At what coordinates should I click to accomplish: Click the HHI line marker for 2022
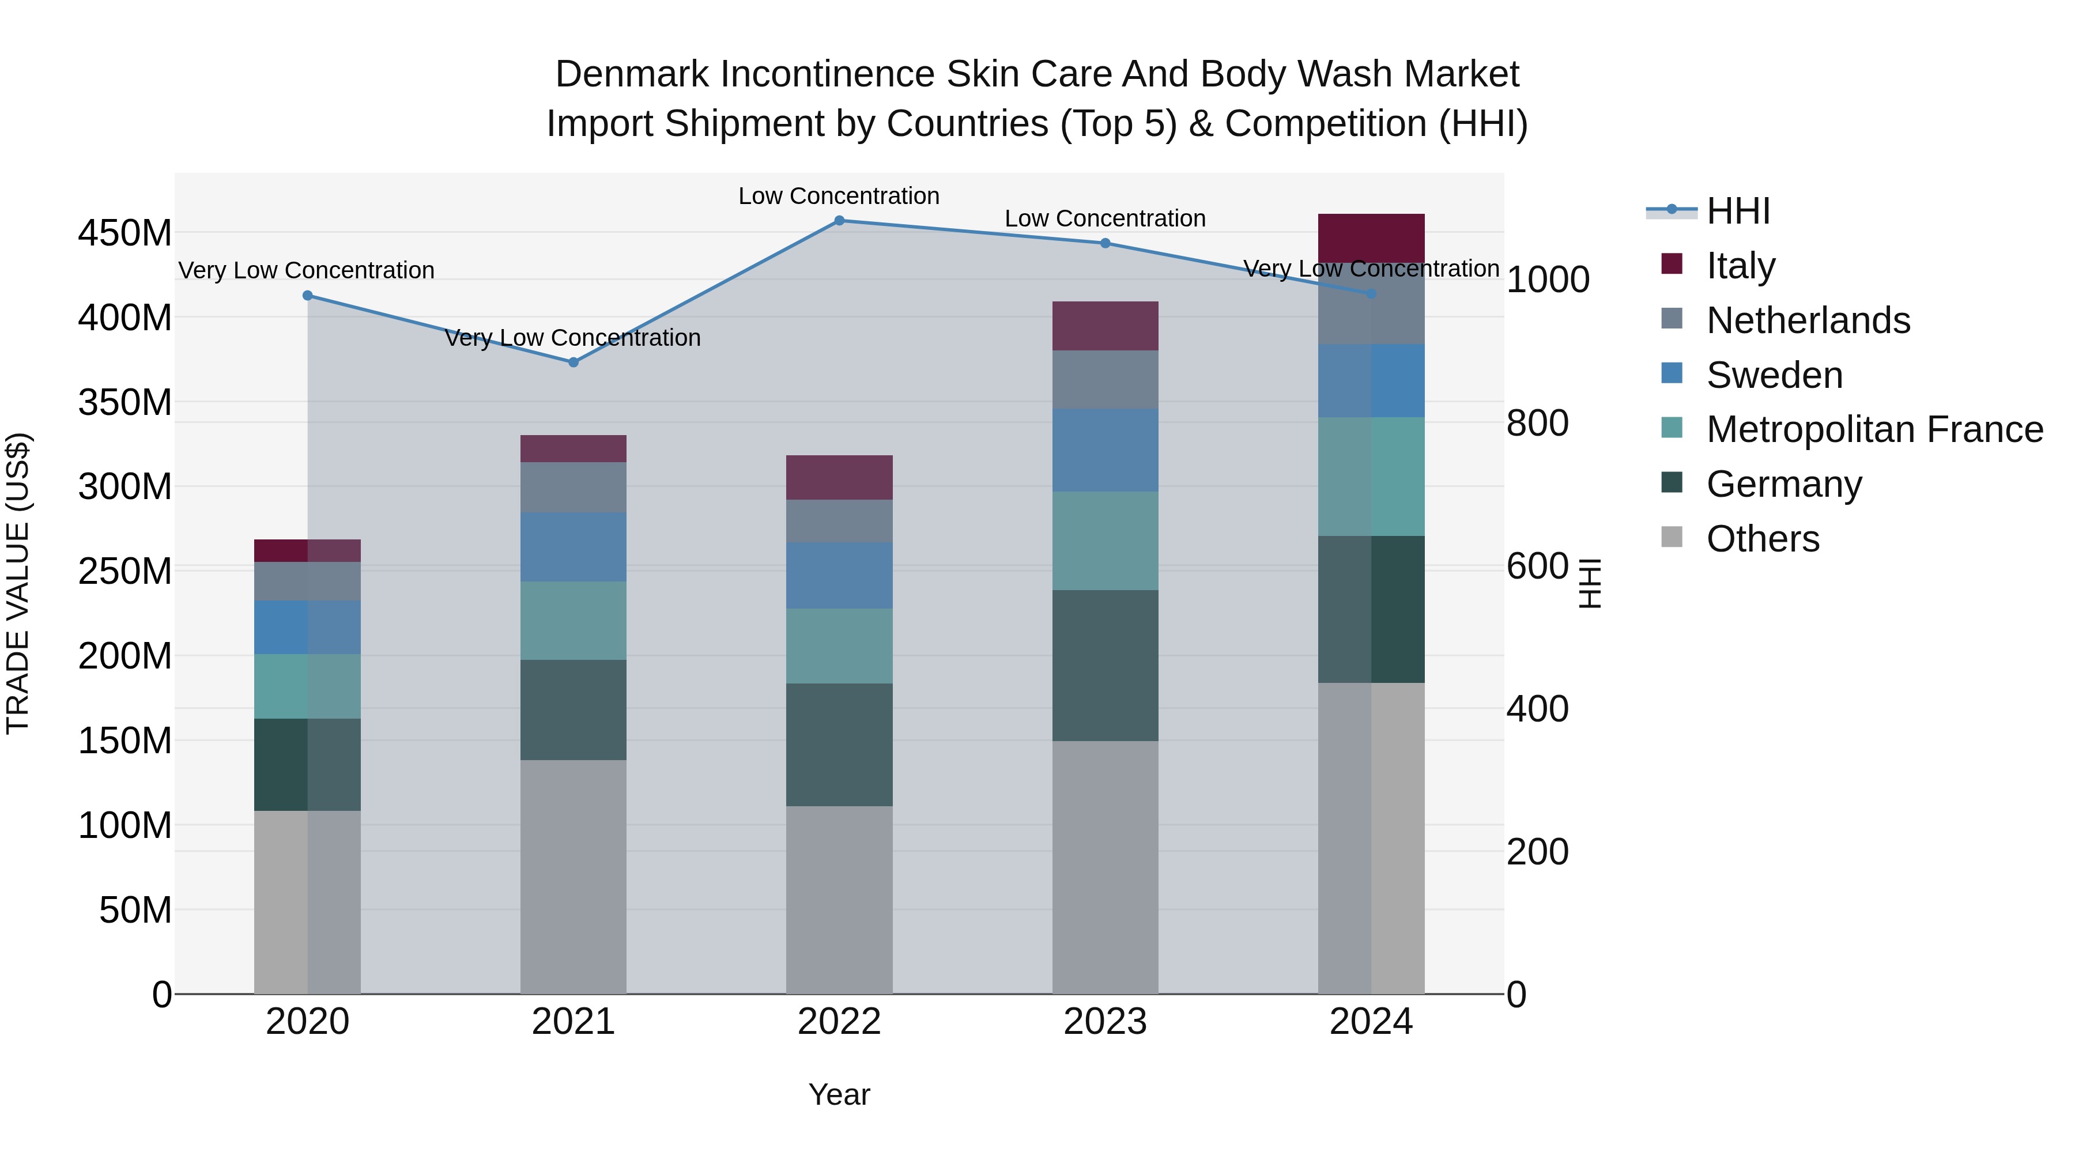coord(839,221)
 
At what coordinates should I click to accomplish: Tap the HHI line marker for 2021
coord(573,362)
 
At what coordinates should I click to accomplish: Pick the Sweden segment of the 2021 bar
coord(573,547)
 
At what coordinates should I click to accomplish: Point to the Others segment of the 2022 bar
coord(839,900)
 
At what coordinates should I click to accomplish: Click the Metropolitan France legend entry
coord(1874,429)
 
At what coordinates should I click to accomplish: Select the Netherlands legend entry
coord(1808,320)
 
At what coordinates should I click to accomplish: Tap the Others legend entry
coord(1763,539)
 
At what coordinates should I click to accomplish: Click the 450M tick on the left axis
coord(125,233)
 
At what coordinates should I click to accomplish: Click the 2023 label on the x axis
coord(1104,1021)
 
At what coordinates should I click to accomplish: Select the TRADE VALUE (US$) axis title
coord(18,583)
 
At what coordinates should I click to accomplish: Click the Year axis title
coord(839,1094)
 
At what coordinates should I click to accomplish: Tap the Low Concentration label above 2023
coord(1104,218)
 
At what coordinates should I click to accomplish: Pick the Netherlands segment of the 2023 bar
coord(1104,379)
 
